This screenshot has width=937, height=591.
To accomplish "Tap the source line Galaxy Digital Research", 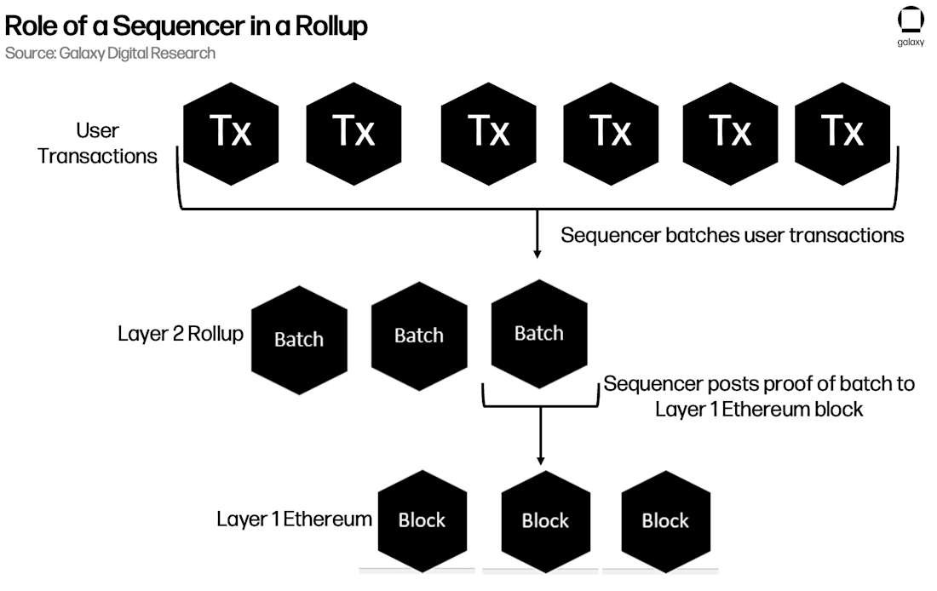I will point(109,53).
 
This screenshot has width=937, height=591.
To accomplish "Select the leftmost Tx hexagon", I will point(231,131).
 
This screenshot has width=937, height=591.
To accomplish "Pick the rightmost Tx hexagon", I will point(842,131).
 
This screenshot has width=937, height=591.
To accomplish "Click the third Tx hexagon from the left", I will point(488,131).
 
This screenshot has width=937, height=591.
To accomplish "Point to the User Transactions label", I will point(97,143).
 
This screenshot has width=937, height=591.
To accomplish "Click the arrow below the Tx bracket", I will point(537,234).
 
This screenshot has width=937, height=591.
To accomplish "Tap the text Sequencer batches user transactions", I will point(732,235).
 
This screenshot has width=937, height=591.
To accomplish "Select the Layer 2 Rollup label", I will point(180,333).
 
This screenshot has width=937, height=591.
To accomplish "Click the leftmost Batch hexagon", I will point(299,339).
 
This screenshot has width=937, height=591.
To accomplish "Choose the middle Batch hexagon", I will point(419,336).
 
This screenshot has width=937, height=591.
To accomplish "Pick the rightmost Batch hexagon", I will point(539,333).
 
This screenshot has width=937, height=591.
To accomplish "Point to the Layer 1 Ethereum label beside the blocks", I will point(294,519).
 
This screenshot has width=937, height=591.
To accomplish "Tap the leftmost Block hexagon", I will point(422,519).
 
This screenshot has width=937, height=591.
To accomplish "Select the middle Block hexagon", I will point(545,519).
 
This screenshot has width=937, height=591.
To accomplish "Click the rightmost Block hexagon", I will point(665,519).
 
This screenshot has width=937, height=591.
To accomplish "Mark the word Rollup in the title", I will point(331,26).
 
